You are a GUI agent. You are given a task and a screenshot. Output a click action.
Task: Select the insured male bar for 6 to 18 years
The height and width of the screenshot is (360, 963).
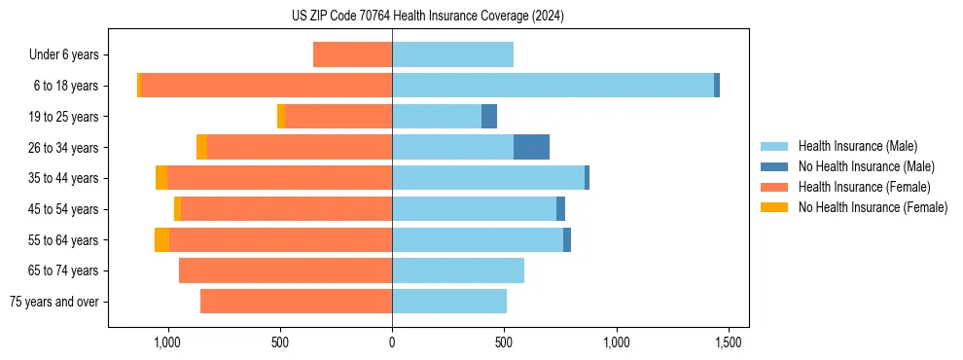tap(553, 86)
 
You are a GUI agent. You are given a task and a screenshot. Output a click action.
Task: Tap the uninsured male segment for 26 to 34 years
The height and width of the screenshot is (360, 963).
tap(531, 147)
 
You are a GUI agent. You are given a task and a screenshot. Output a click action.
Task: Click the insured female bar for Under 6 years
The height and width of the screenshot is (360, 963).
tap(352, 54)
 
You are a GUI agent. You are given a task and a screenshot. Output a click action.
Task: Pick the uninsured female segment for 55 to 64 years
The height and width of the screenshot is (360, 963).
tap(161, 240)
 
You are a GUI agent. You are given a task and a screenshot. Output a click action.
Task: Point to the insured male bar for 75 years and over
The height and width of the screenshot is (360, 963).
tap(449, 302)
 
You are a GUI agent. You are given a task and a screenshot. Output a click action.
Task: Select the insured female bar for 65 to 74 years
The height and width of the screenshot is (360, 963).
tap(285, 270)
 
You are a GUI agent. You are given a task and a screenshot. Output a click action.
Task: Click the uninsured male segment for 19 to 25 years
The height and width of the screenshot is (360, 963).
tap(489, 117)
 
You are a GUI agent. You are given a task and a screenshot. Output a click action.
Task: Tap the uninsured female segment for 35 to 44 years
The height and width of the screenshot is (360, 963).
tap(161, 178)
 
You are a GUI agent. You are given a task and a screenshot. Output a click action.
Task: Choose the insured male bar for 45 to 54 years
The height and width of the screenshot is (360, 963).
tap(474, 209)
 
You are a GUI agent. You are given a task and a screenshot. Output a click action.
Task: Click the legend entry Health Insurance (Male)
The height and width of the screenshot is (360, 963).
tap(857, 146)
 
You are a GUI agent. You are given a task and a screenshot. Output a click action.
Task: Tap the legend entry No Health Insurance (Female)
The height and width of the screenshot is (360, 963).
tap(873, 207)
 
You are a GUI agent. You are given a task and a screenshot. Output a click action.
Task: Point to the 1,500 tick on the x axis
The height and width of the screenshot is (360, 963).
tap(729, 343)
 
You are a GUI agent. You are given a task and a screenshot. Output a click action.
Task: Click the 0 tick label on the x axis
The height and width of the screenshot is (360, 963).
tap(392, 343)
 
